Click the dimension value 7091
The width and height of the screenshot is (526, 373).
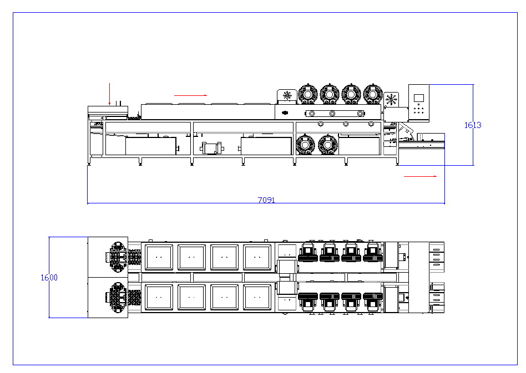point(266,200)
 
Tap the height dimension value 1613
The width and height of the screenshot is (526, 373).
point(473,125)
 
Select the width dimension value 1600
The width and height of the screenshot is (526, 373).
point(49,278)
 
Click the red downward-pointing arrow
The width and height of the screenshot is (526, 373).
point(109,94)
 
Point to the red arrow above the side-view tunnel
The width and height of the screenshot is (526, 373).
point(190,95)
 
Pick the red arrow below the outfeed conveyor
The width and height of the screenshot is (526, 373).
point(421,176)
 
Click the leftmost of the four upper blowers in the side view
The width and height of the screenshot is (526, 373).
point(307,94)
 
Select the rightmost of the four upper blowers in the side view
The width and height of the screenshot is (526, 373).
point(373,94)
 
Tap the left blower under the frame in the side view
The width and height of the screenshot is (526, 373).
point(305,145)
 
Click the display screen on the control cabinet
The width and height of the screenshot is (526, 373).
point(419,98)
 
